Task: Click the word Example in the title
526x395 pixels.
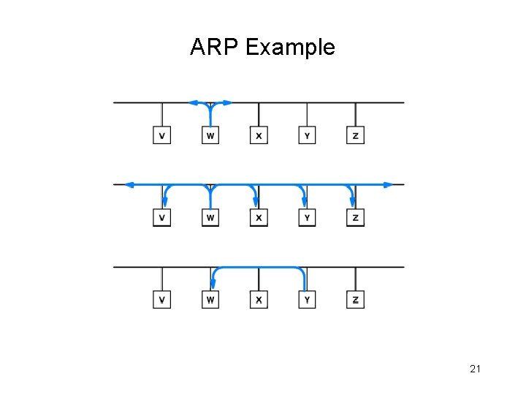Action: point(290,48)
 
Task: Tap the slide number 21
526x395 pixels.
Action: point(475,369)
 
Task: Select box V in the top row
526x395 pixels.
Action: point(161,135)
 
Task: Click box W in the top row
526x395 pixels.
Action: point(210,135)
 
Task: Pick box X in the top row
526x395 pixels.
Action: point(259,135)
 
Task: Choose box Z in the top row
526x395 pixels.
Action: point(355,135)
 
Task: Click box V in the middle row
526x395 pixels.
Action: point(161,217)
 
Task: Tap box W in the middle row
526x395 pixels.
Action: point(210,217)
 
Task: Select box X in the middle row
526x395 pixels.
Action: point(259,217)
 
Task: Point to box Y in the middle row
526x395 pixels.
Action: point(307,217)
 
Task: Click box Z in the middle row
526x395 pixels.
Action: point(355,217)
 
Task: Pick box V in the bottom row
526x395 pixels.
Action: point(161,300)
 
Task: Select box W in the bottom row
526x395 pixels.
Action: point(210,300)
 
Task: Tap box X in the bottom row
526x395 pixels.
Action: point(259,300)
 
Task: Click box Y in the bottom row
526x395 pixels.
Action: point(307,300)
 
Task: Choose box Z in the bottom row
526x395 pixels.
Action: point(355,300)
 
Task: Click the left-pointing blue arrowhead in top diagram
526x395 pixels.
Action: point(193,102)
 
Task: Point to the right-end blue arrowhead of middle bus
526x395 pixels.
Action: point(389,184)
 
